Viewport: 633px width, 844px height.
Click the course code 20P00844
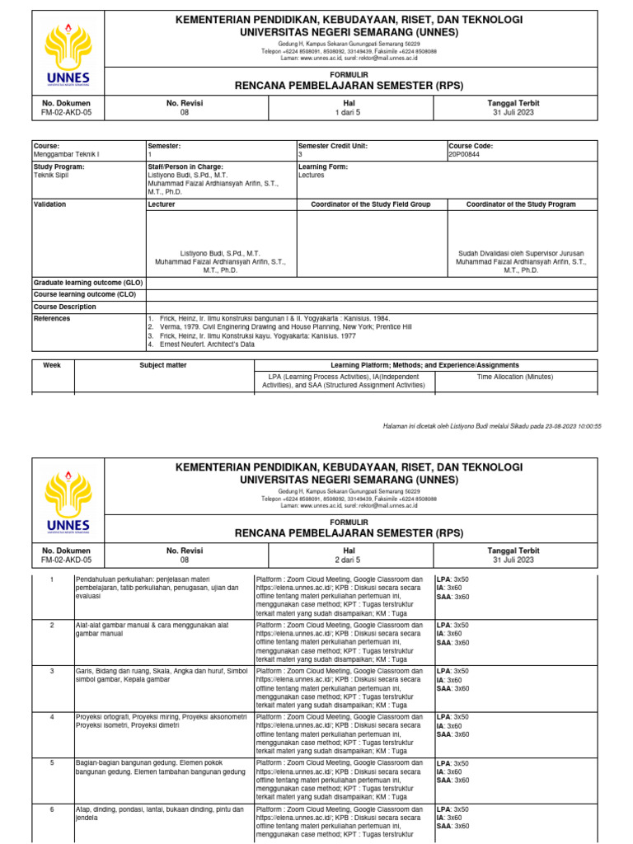pyautogui.click(x=464, y=154)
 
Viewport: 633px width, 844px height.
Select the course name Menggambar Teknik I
pyautogui.click(x=66, y=154)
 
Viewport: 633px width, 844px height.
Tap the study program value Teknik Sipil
pyautogui.click(x=50, y=175)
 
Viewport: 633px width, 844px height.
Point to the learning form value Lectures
pyautogui.click(x=312, y=175)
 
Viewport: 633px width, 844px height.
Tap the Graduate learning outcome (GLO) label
pyautogui.click(x=88, y=282)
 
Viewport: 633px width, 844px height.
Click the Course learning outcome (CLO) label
pyautogui.click(x=84, y=294)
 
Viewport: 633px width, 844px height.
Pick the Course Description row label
pyautogui.click(x=64, y=307)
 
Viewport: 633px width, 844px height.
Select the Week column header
pyautogui.click(x=52, y=364)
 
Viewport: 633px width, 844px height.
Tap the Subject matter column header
pyautogui.click(x=163, y=364)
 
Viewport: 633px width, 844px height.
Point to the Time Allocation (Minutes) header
pyautogui.click(x=516, y=376)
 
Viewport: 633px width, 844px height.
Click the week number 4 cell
pyautogui.click(x=51, y=717)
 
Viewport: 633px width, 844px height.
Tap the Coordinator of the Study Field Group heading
pyautogui.click(x=370, y=204)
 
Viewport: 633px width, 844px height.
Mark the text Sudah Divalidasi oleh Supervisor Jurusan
pyautogui.click(x=521, y=253)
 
